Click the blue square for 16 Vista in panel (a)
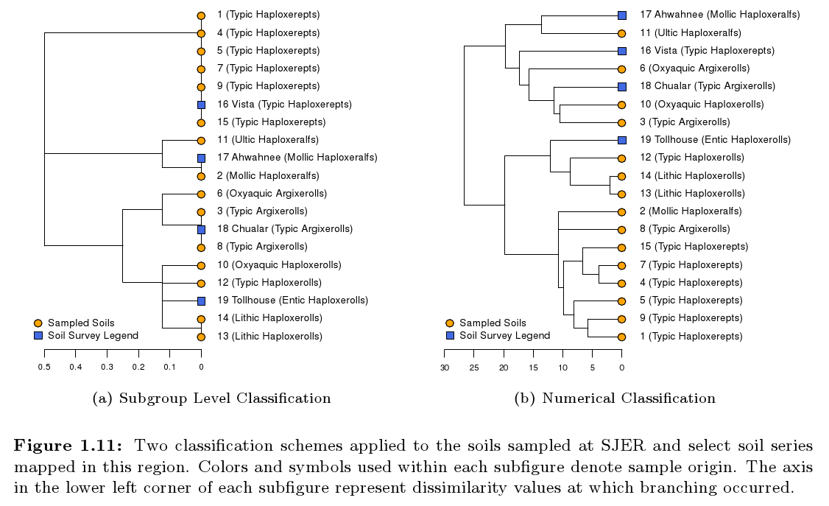(x=201, y=105)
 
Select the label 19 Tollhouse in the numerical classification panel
(x=714, y=139)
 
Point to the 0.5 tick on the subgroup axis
(x=44, y=366)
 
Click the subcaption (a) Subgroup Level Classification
(x=211, y=398)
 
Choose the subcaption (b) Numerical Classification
(x=615, y=398)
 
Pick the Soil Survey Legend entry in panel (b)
(x=504, y=336)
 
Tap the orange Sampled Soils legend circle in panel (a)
(x=38, y=323)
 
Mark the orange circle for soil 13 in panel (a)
(x=201, y=337)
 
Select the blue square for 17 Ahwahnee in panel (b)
(x=622, y=15)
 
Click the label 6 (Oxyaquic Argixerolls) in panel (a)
(x=272, y=194)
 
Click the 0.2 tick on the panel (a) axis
(x=138, y=366)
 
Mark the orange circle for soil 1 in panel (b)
(x=622, y=337)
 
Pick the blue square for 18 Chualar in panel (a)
(x=201, y=229)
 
